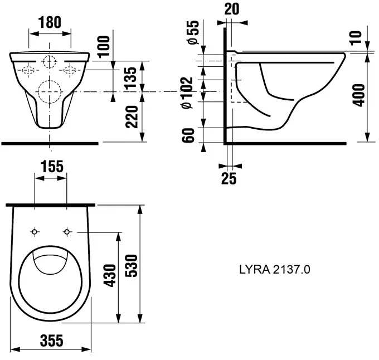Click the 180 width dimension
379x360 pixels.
tap(50, 22)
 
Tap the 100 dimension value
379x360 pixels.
tap(104, 47)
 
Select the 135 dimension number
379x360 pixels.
tap(131, 78)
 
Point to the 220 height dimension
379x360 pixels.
tap(132, 116)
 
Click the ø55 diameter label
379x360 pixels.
tap(193, 32)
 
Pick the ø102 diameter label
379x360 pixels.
tap(187, 93)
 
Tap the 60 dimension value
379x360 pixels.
tap(188, 135)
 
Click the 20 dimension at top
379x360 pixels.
tap(232, 9)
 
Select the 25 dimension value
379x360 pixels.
tap(229, 178)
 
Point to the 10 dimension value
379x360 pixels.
tap(356, 38)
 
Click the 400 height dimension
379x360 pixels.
tap(359, 95)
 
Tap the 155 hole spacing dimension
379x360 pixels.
tap(52, 167)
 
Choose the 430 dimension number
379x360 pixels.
tap(110, 276)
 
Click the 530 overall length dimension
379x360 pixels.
tap(132, 265)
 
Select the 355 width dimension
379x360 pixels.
tap(52, 340)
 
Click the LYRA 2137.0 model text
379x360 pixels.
tap(275, 269)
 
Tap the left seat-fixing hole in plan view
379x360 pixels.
tap(35, 232)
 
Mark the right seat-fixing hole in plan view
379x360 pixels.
tap(67, 232)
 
